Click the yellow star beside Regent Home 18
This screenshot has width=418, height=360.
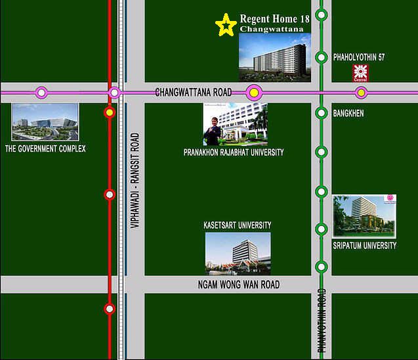click(226, 25)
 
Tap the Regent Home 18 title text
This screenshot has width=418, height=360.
click(274, 19)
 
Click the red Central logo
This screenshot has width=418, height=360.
click(359, 72)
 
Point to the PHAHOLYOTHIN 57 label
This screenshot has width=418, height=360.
click(359, 58)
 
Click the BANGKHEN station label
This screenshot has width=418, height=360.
click(348, 114)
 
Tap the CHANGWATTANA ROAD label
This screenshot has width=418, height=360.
click(194, 93)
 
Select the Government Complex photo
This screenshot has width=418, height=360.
click(45, 122)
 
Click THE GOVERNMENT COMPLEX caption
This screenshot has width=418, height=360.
click(45, 149)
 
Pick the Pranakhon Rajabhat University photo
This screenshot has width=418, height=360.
click(234, 124)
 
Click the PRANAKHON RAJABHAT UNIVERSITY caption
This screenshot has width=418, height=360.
click(234, 152)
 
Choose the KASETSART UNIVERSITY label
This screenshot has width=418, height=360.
click(238, 225)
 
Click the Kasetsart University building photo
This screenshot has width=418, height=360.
click(238, 253)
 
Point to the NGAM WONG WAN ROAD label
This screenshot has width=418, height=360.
click(238, 284)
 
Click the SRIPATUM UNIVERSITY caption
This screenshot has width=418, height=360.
click(365, 246)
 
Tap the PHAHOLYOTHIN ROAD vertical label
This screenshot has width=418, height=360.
click(322, 322)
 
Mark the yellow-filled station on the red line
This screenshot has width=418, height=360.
click(110, 113)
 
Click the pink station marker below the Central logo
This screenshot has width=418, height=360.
click(360, 93)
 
